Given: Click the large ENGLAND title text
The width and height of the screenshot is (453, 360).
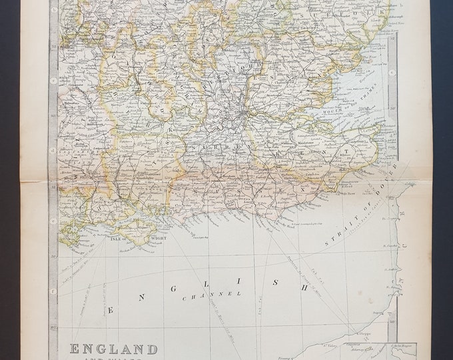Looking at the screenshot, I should point(114,349).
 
